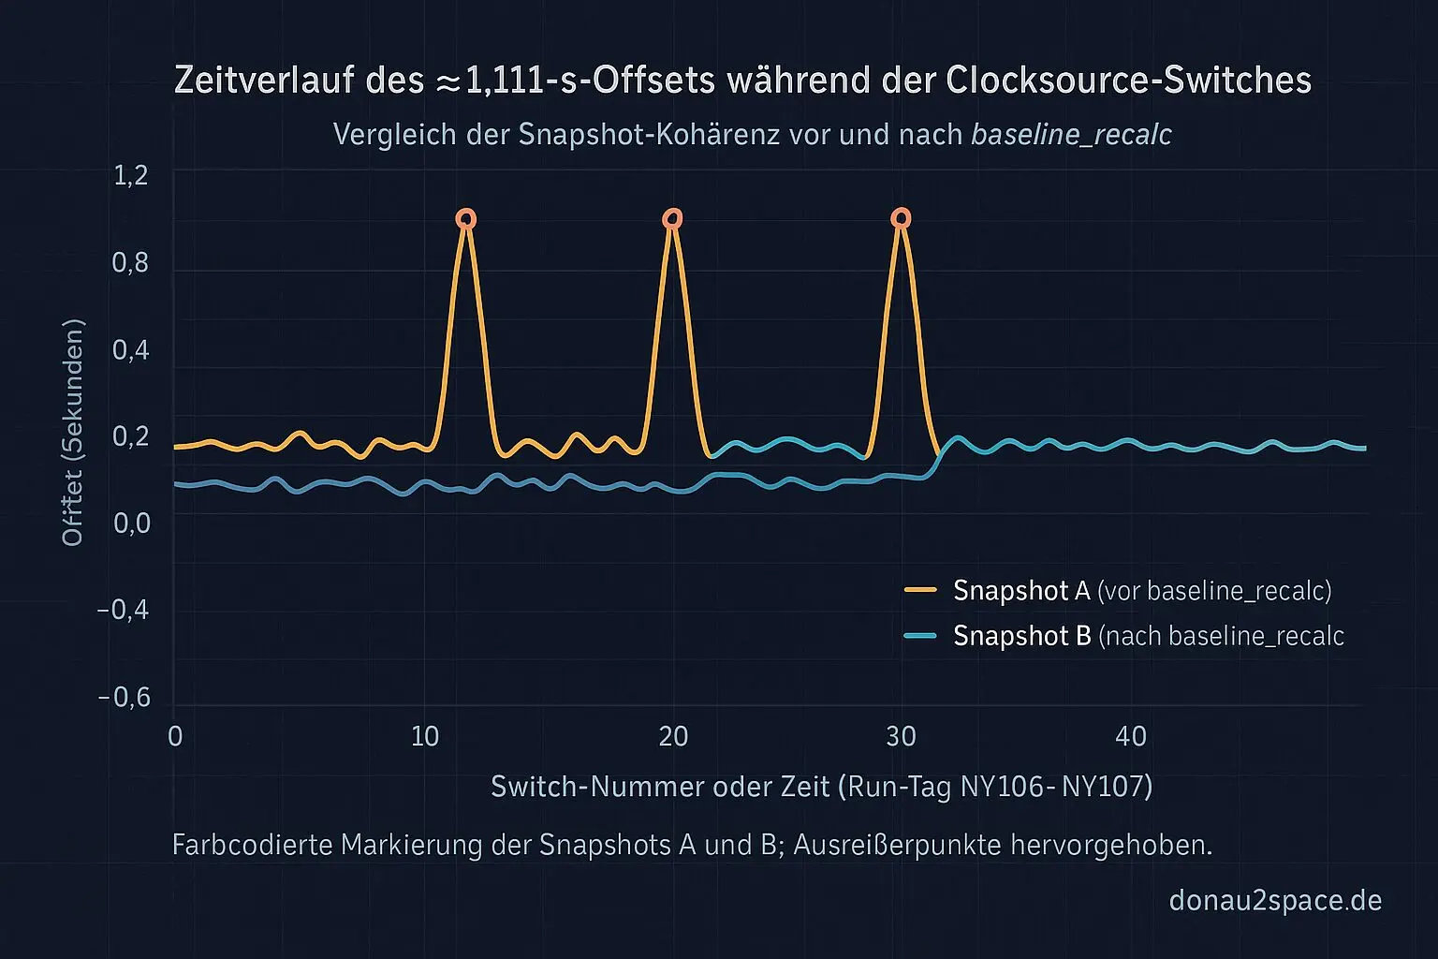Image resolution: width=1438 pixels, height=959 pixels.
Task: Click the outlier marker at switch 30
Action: tap(901, 218)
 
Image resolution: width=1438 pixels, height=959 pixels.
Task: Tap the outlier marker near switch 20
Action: tap(672, 219)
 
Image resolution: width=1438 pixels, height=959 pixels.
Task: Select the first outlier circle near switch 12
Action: tap(466, 219)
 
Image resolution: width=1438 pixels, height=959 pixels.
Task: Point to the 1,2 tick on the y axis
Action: tap(131, 176)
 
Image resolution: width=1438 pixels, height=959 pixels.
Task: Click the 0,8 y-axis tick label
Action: tap(131, 263)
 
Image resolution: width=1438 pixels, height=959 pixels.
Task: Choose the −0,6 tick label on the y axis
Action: tap(125, 698)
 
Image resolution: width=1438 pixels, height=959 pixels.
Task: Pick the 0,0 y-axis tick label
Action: tap(131, 523)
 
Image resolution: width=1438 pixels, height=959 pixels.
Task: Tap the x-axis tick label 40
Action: tap(1131, 737)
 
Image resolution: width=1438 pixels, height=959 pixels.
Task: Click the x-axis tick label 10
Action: tap(425, 737)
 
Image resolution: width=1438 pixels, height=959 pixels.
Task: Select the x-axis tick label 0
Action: tap(175, 737)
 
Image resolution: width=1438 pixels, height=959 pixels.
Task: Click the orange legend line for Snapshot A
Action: tap(921, 590)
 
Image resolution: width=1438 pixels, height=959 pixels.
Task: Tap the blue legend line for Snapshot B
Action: tap(921, 636)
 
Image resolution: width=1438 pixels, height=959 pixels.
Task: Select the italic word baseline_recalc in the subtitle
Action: tap(1072, 135)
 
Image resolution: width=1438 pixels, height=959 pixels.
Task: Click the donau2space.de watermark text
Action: tap(1275, 901)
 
